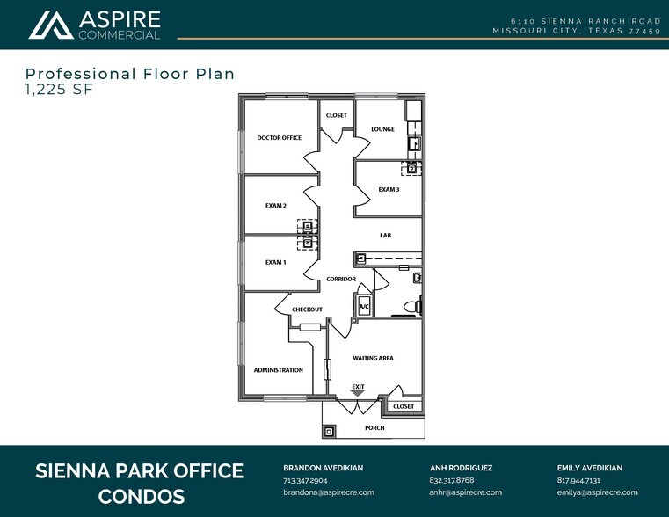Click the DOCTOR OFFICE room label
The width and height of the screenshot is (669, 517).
click(279, 138)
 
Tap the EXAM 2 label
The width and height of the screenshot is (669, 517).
click(276, 206)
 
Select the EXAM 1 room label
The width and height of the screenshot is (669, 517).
click(276, 262)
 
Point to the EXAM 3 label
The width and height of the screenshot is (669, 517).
click(389, 189)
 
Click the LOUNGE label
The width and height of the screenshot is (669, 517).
click(382, 129)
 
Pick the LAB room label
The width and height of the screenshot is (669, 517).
click(385, 235)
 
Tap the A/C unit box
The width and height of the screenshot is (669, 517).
click(364, 305)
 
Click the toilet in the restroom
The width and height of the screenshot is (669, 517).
click(412, 306)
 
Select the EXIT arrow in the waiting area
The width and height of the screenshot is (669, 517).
click(358, 394)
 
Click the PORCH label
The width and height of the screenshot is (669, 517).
click(374, 428)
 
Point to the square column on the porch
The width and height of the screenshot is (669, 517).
click(330, 432)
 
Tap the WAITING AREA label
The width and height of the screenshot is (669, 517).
click(373, 359)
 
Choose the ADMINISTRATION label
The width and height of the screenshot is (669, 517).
click(278, 370)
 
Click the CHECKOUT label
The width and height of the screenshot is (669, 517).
click(307, 309)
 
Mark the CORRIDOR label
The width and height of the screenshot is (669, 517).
click(341, 279)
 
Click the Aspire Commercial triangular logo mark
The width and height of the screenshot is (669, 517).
click(51, 25)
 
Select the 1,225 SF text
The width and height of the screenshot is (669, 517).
click(59, 89)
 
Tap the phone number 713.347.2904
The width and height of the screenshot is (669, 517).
click(305, 480)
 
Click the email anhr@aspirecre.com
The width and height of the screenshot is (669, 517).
click(465, 492)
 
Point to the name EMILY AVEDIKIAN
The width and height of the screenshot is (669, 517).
click(590, 468)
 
